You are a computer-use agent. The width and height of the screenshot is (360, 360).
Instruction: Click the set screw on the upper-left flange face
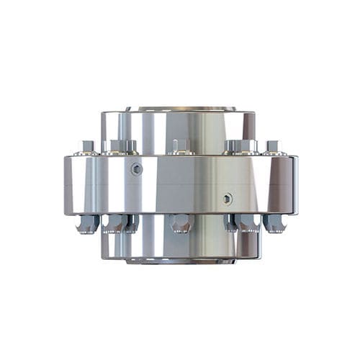coord(136,169)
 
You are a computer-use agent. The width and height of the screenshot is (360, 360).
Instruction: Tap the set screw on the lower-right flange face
coord(228,199)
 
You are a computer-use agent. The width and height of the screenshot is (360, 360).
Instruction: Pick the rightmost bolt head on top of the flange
coord(272,146)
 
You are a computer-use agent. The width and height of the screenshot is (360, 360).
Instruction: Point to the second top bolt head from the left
coord(116,145)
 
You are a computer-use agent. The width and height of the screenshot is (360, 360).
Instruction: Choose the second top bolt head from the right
coord(245,145)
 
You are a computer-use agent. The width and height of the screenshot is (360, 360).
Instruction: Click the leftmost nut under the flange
coord(87,224)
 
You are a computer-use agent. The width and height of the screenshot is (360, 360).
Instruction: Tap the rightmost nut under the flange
coord(274,223)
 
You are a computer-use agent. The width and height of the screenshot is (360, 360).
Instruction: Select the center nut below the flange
coord(181,223)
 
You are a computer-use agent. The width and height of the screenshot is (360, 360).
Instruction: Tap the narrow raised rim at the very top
coord(180,109)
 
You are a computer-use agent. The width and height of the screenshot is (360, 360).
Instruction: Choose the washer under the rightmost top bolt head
coord(272,153)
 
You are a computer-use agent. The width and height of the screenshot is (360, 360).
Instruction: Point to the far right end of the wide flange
coord(294,185)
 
